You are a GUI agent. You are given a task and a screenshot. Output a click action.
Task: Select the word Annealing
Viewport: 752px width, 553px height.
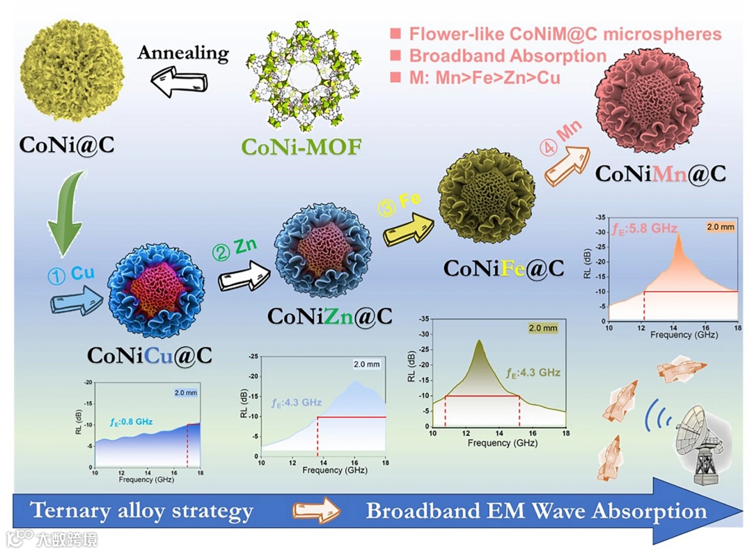pyautogui.click(x=182, y=53)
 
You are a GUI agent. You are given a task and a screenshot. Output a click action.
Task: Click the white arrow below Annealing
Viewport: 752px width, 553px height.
pyautogui.click(x=182, y=81)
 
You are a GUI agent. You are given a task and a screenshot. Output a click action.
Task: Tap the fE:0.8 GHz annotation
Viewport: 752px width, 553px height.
pyautogui.click(x=131, y=421)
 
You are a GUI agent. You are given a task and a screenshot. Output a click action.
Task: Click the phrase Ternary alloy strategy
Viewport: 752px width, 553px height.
pyautogui.click(x=142, y=512)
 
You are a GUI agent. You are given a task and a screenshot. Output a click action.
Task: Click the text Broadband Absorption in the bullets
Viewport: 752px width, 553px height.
pyautogui.click(x=508, y=56)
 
